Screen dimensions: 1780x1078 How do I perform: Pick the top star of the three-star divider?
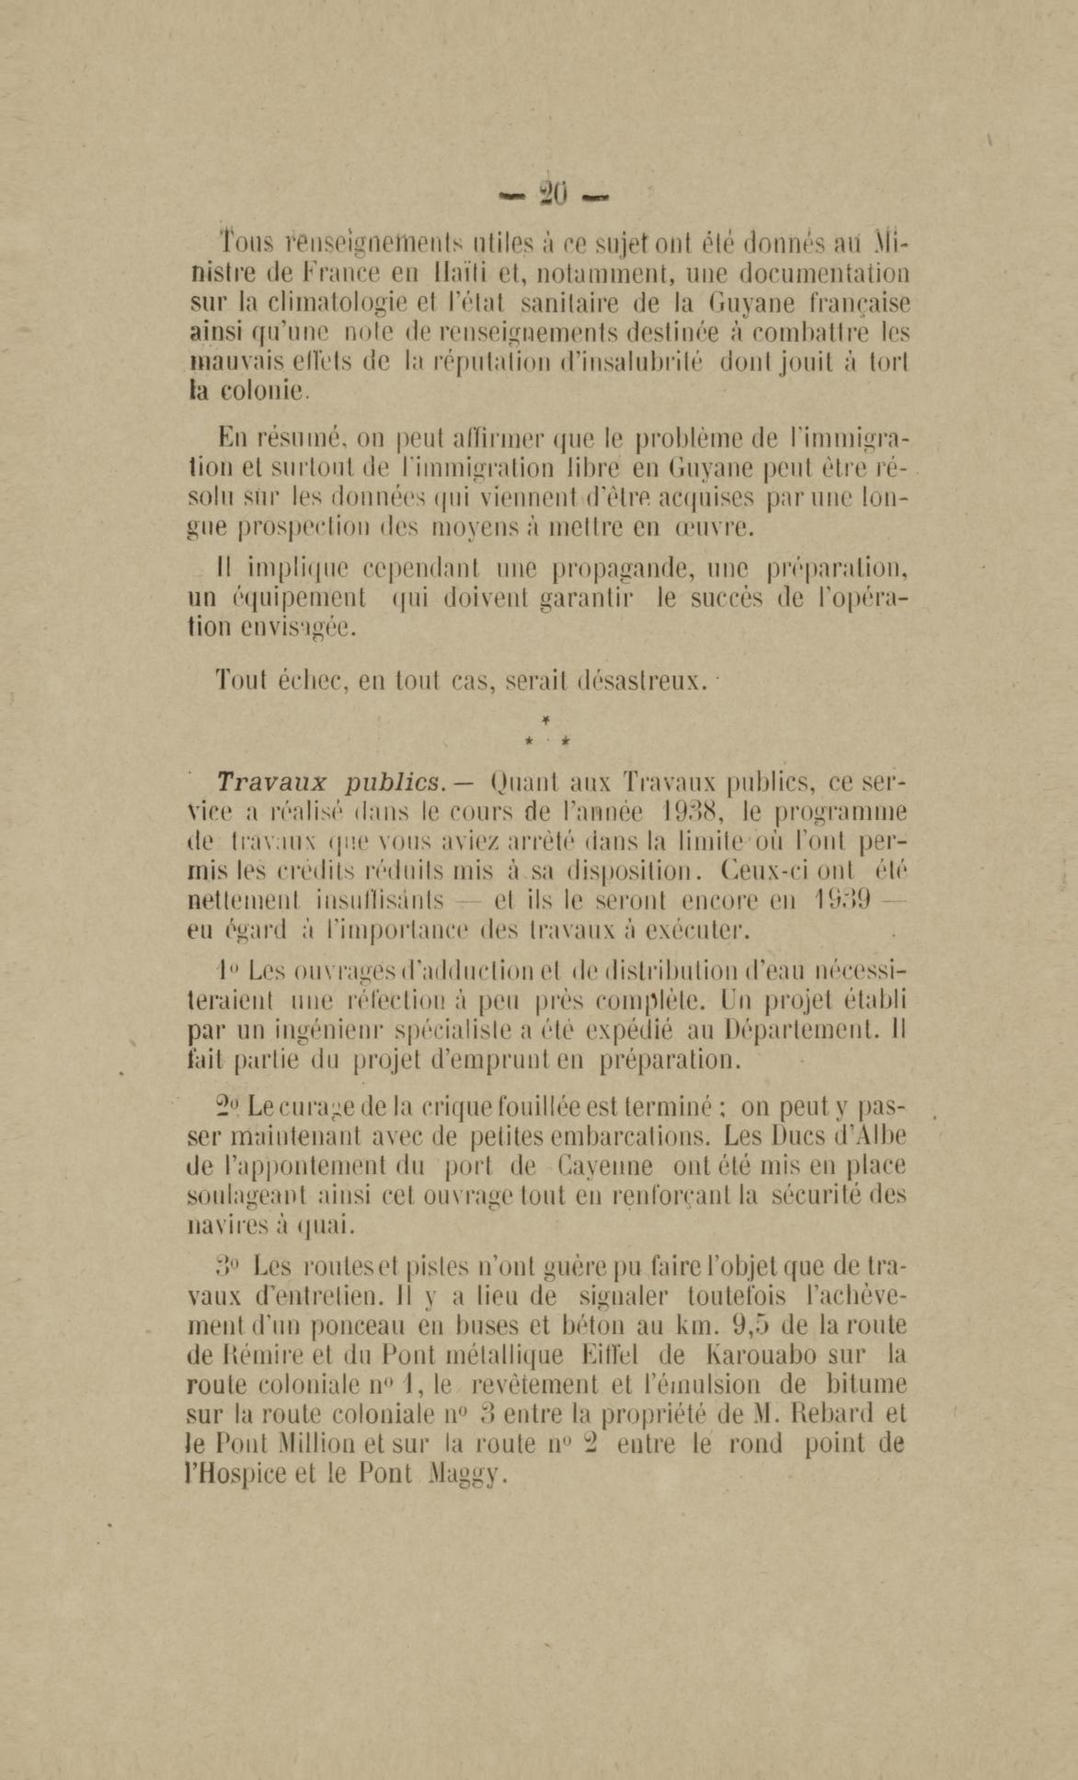[x=546, y=719]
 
